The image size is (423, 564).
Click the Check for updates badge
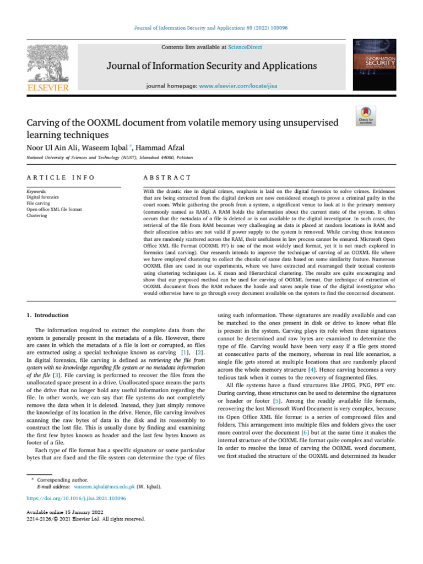point(366,117)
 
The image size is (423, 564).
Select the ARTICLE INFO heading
point(61,178)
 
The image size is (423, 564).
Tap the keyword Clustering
point(37,216)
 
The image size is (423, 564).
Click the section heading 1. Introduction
point(48,315)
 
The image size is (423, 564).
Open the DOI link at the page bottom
point(77,498)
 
